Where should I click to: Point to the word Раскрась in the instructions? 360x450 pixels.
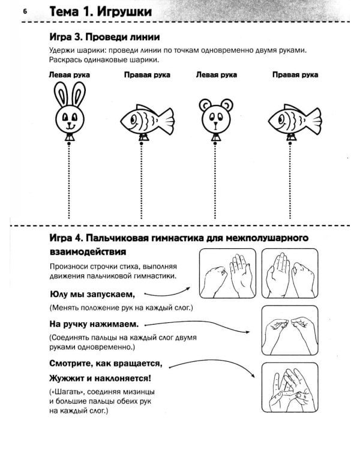64,60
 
